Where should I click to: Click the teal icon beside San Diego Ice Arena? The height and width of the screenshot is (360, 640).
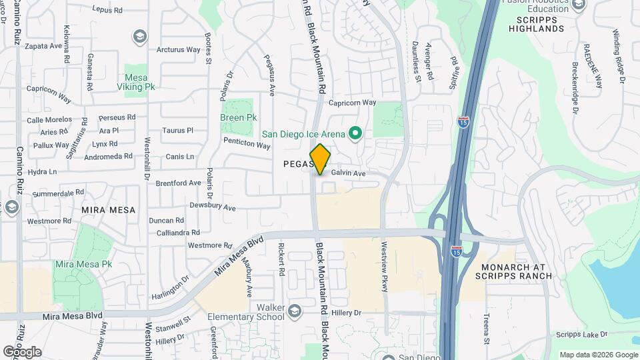[355, 134]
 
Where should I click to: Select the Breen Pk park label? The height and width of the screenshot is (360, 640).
[238, 117]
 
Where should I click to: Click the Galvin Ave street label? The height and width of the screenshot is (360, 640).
[349, 173]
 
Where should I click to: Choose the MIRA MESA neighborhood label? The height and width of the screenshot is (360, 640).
[108, 209]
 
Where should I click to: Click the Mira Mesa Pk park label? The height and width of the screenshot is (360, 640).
[83, 264]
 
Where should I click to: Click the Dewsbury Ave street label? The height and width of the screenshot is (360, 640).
[213, 207]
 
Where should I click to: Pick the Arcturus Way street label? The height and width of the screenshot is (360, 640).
[178, 49]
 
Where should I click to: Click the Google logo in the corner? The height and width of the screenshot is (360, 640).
[22, 352]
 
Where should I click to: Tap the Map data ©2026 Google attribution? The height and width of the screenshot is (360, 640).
[598, 355]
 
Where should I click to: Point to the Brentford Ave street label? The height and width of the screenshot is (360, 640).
[178, 183]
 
